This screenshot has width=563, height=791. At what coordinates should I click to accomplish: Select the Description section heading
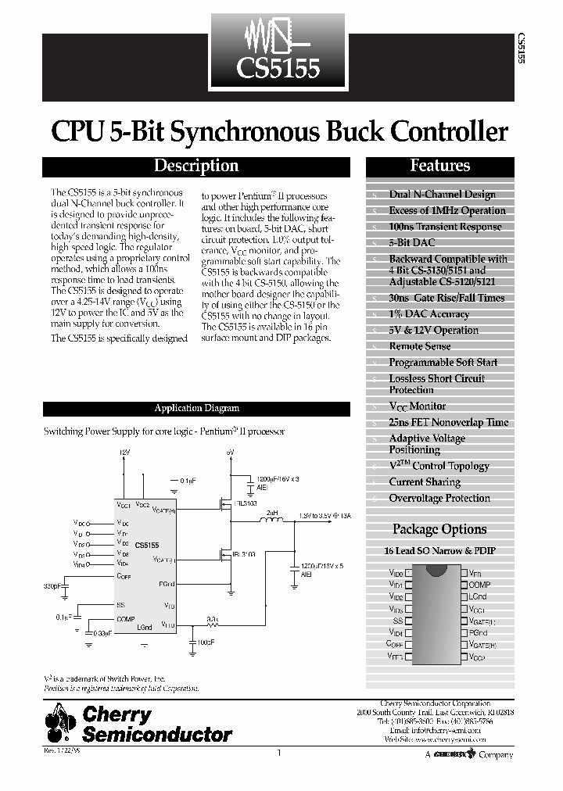(x=196, y=166)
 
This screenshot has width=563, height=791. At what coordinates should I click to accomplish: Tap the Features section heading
(x=440, y=166)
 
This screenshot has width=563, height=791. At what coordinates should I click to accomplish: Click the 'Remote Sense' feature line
(x=420, y=346)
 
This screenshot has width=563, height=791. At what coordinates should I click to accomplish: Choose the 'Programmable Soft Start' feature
(x=443, y=363)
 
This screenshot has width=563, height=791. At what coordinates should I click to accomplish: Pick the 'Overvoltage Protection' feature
(x=439, y=499)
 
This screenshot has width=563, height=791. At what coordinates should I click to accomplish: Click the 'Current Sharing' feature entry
(x=425, y=482)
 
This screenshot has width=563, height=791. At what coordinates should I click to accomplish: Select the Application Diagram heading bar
(x=196, y=408)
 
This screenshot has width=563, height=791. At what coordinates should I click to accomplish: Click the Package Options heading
(x=439, y=530)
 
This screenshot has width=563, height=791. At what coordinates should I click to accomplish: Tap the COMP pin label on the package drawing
(x=480, y=585)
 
